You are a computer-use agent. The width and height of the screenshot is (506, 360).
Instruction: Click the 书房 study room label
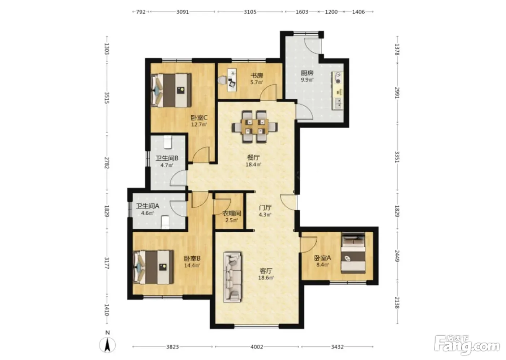(257, 75)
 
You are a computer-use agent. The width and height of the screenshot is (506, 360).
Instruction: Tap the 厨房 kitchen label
(307, 73)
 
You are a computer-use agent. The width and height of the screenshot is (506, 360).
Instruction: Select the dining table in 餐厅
(255, 127)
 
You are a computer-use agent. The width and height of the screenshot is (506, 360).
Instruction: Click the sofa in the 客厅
(232, 277)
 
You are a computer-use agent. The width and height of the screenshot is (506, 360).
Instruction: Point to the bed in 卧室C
(171, 90)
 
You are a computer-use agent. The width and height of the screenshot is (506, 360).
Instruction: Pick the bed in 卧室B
(154, 267)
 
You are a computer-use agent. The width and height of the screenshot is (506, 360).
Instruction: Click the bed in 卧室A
(353, 253)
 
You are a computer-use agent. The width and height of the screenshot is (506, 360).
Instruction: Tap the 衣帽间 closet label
(232, 213)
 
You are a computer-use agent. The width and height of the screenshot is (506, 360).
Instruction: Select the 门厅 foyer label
(265, 207)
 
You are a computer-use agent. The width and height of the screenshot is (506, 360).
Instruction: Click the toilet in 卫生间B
(167, 142)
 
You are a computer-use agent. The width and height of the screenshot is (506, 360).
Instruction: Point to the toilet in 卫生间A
(166, 222)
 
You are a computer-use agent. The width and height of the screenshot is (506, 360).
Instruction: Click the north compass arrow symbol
(108, 345)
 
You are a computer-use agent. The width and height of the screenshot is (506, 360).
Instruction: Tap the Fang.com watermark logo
(467, 345)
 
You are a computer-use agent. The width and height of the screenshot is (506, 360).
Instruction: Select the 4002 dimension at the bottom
(257, 347)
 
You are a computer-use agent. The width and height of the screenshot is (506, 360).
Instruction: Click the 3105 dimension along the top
(250, 12)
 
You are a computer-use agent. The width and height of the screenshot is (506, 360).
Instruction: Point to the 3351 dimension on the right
(397, 157)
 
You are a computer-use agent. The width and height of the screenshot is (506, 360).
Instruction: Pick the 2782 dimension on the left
(107, 163)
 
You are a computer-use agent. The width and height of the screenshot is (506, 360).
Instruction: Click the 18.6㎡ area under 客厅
(266, 278)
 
